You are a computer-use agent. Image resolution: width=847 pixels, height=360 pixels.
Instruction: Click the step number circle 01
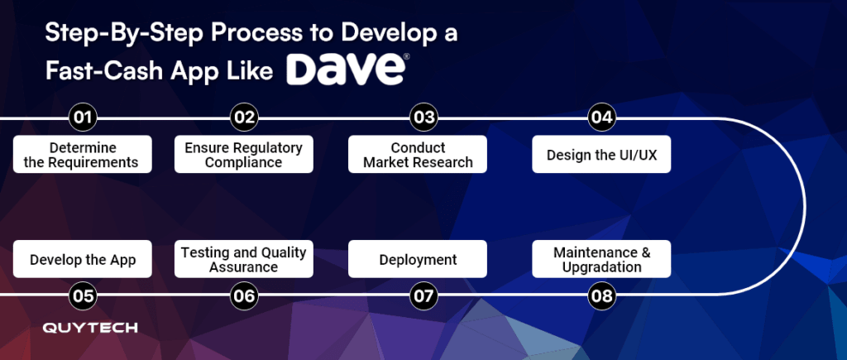tap(83, 118)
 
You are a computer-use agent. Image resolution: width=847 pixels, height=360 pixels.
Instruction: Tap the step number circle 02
tap(244, 118)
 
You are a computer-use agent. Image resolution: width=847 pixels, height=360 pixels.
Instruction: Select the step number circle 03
tap(423, 118)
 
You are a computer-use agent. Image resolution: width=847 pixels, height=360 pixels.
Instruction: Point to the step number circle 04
tap(601, 118)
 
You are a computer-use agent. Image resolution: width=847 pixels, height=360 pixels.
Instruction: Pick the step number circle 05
tap(83, 295)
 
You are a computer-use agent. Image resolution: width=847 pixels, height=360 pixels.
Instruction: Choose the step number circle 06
tap(244, 295)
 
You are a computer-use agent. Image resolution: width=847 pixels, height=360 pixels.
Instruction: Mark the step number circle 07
tap(423, 295)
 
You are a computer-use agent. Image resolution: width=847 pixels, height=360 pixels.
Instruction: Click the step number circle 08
tap(601, 295)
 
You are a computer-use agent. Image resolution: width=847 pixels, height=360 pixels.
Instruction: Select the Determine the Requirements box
tap(83, 154)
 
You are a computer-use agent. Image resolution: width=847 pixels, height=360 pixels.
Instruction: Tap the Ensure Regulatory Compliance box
tap(244, 154)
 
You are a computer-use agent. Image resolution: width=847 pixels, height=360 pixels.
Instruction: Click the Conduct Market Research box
tap(418, 154)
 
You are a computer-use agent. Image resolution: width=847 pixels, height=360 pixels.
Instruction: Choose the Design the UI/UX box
tap(601, 154)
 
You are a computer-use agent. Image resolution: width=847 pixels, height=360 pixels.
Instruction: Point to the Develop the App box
tap(83, 259)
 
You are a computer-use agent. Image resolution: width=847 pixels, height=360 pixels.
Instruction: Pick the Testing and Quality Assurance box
tap(244, 259)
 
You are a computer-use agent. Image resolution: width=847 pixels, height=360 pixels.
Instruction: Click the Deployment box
tap(418, 259)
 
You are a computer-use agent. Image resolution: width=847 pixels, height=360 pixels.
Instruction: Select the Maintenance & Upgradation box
tap(601, 259)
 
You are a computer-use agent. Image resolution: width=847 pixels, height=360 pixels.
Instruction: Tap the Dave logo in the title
tap(347, 70)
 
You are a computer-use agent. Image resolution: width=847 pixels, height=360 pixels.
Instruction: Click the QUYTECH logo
tap(90, 328)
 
